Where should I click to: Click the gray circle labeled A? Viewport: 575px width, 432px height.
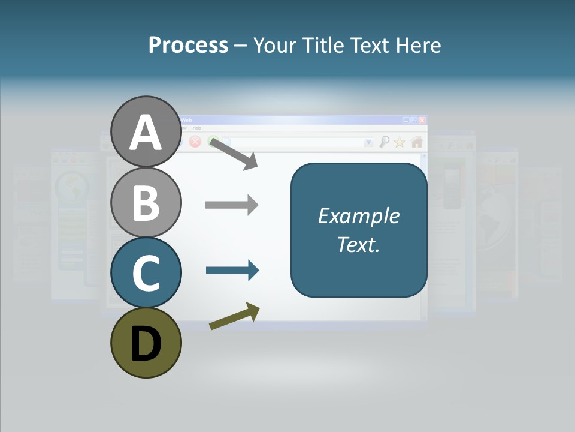(146, 132)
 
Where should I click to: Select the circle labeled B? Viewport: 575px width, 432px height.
(146, 202)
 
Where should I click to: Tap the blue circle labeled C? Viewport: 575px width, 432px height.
(146, 272)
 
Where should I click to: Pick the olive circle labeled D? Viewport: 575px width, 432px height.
(146, 343)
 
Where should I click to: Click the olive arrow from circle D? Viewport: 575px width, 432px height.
(234, 316)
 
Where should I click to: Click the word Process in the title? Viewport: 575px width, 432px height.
(188, 45)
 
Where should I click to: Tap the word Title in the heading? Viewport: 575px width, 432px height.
(324, 45)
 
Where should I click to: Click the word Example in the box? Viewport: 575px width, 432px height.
(359, 215)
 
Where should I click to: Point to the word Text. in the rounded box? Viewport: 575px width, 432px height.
(359, 244)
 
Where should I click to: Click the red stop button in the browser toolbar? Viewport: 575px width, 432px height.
(195, 142)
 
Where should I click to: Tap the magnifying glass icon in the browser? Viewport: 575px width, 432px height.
(385, 142)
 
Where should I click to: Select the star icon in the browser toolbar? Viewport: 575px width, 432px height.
(400, 142)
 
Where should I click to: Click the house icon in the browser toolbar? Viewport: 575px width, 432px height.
(417, 142)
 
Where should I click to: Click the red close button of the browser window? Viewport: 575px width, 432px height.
(422, 120)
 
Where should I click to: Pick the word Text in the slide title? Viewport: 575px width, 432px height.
(372, 45)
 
